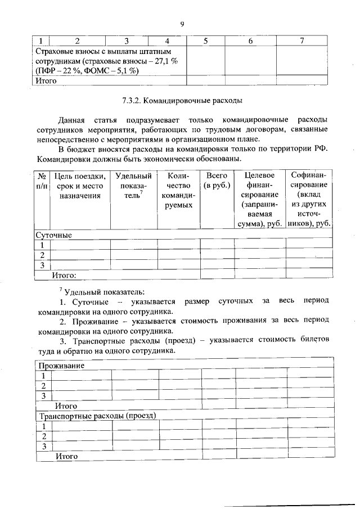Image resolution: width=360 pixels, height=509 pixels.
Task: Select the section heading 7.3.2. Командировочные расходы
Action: tap(182, 102)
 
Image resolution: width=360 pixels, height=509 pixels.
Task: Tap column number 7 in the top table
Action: tap(302, 41)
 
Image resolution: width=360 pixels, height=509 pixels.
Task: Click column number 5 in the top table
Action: tap(206, 41)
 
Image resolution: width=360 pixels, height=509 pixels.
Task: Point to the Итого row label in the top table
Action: tap(46, 80)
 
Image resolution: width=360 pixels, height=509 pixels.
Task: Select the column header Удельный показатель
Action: tap(133, 186)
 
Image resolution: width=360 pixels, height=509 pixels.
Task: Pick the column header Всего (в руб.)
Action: tap(217, 181)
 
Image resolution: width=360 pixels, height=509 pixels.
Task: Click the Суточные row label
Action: tap(54, 235)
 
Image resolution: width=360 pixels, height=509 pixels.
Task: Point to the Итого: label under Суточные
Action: tap(64, 276)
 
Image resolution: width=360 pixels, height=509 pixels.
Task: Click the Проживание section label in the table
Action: tap(61, 366)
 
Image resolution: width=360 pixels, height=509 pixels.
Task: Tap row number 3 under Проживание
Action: tap(43, 396)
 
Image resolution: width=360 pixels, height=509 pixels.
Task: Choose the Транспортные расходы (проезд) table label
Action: tap(96, 416)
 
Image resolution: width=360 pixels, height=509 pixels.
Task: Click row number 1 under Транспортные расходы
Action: tap(43, 426)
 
